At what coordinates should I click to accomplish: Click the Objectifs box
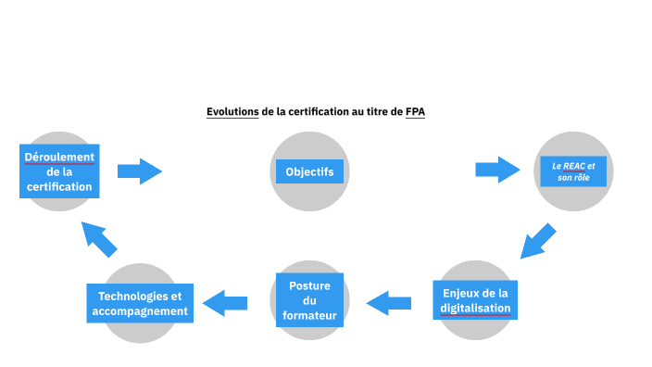coord(309,171)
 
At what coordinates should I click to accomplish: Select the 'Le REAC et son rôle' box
coord(573,171)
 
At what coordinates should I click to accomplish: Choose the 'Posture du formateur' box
coord(309,300)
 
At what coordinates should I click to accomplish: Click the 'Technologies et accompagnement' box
coord(140,303)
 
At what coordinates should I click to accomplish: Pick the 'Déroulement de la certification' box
coord(59,171)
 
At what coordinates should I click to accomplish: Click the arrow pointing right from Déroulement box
coord(140,171)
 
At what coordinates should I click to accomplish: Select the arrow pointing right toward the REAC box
coord(497,170)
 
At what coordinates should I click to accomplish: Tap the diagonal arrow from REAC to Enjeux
coord(536,240)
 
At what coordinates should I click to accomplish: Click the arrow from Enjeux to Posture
coord(389,302)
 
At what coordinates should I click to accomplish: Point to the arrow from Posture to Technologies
coord(225,302)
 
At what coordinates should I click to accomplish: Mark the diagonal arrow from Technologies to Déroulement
coord(99,239)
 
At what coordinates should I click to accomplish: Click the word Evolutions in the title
coord(232,112)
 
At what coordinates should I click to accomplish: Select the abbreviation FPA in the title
coord(415,112)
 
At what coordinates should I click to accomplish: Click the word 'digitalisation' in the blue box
coord(475,308)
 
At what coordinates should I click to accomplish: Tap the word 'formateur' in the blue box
coord(309,316)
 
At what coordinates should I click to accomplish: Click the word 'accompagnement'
coord(140,311)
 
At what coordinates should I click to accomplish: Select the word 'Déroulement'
coord(59,156)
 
